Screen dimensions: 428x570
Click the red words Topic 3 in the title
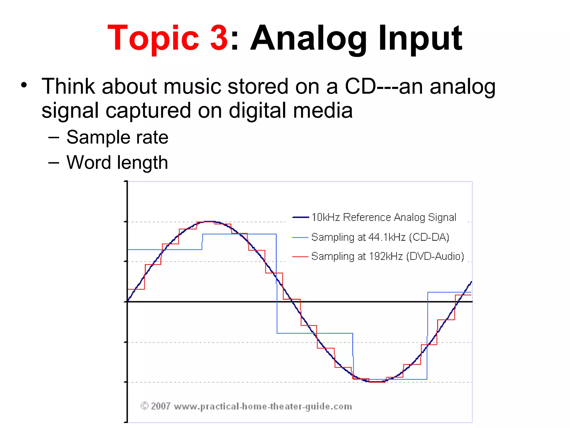tap(168, 38)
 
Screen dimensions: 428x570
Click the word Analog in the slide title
tap(309, 38)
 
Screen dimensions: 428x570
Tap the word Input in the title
tap(420, 38)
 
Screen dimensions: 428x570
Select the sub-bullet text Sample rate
tap(117, 137)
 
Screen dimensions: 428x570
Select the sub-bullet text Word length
tap(117, 162)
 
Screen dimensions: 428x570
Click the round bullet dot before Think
tap(24, 85)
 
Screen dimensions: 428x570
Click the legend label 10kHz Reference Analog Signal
tap(384, 217)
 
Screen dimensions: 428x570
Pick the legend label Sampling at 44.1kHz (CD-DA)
tap(380, 237)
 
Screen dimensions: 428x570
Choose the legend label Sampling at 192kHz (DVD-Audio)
tap(387, 256)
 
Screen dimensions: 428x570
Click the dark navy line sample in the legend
tap(300, 217)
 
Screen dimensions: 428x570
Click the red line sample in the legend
tap(300, 257)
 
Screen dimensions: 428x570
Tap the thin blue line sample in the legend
tap(300, 237)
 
